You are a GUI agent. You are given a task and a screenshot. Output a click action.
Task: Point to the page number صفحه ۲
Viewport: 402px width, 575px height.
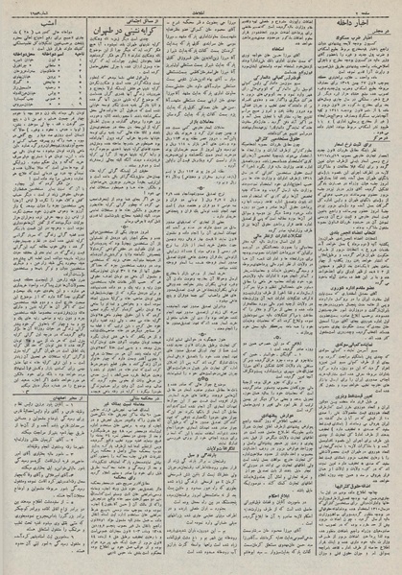pos(380,9)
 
